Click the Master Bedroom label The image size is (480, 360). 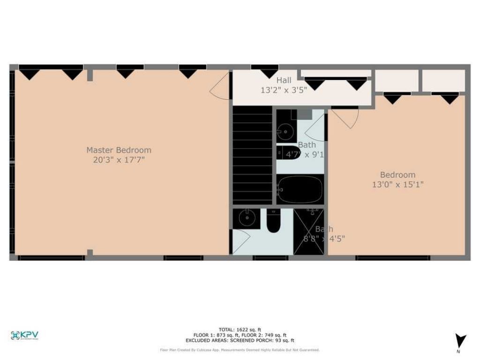pos(119,150)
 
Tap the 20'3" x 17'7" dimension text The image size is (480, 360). pos(119,160)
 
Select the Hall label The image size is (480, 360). pos(284,80)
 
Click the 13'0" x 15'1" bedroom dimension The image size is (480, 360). pos(397,185)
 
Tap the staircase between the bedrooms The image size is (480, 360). pos(253,155)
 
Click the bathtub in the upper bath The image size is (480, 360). pos(300,189)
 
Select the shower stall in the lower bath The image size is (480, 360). pos(308,232)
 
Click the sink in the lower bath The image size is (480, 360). pos(245,217)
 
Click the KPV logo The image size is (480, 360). pos(24,335)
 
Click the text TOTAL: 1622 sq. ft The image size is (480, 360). pos(240,330)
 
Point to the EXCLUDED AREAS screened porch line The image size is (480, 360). pos(240,341)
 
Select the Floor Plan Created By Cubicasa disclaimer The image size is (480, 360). pos(240,350)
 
